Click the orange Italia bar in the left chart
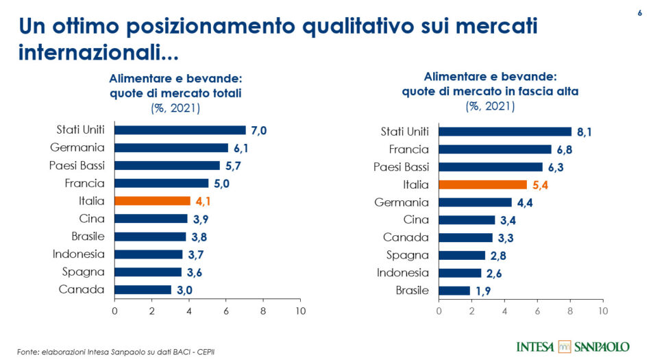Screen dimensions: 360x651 (152, 201)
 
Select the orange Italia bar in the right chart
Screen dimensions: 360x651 (482, 184)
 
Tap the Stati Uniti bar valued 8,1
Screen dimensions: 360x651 (504, 132)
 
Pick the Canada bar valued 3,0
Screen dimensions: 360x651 (143, 289)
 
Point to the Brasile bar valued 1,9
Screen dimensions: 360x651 (454, 291)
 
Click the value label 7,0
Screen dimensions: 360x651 (258, 130)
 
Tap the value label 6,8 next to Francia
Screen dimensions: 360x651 (565, 149)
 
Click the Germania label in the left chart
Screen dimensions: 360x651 (77, 147)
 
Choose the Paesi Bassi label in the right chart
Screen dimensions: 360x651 (401, 167)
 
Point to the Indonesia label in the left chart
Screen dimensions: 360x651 (78, 254)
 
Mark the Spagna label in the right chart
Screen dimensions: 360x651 (408, 255)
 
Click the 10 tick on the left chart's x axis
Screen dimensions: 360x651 (299, 311)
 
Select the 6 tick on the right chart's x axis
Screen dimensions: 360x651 (537, 311)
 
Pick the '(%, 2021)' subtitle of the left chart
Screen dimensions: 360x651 (175, 108)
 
